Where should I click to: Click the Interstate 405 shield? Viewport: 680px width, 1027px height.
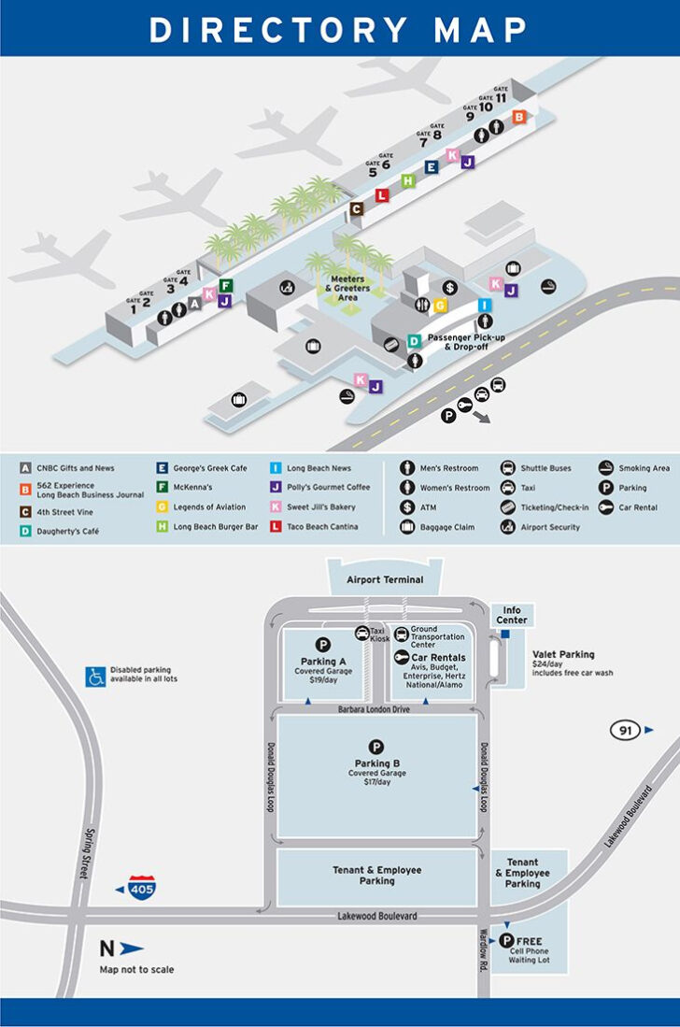coord(142,888)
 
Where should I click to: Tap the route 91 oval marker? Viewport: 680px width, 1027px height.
coord(625,730)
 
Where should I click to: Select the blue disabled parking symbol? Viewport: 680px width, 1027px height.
coord(95,676)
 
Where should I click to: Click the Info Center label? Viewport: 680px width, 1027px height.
coord(512,615)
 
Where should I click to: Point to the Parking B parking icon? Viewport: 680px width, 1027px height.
coord(375,746)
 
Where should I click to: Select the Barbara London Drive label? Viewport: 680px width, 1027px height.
coord(375,710)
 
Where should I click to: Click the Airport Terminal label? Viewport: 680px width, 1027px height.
coord(385,579)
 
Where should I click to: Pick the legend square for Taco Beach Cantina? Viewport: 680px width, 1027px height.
coord(276,527)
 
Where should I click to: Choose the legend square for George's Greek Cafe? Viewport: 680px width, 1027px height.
coord(163,468)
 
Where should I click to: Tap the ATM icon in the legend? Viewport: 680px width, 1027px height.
coord(407,507)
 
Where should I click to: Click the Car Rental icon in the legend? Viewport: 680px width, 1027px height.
coord(607,507)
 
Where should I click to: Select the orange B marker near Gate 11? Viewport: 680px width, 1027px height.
coord(519,117)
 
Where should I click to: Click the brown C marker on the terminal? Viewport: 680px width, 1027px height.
coord(356,209)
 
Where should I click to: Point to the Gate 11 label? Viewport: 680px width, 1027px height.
coord(502,94)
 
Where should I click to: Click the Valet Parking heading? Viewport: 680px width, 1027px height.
coord(563,654)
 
